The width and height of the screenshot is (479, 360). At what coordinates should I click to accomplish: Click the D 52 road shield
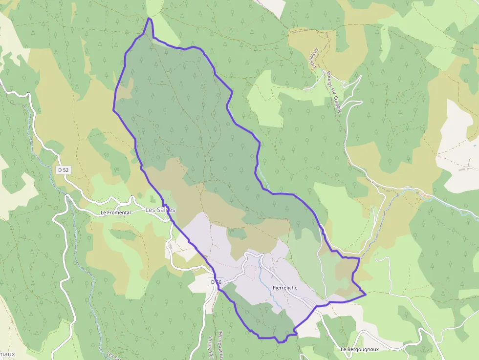point(62,170)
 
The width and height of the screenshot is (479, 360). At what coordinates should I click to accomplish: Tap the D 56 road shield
point(216,282)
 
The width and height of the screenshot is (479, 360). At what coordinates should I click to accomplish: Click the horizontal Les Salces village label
point(160,210)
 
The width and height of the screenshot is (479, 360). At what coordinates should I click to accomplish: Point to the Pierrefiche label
point(285,288)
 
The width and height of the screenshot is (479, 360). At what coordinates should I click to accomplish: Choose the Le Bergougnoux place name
point(360,349)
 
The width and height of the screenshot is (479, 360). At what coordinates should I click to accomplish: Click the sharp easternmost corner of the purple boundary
point(366,295)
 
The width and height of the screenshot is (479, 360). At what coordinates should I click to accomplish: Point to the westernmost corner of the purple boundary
point(113,110)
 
